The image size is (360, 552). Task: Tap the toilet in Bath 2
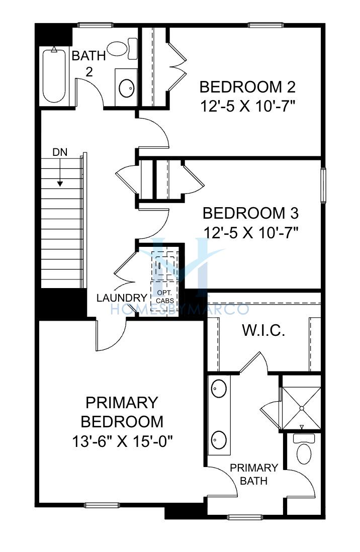(x=122, y=49)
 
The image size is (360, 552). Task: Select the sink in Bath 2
(x=127, y=88)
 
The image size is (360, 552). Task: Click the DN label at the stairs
(x=60, y=152)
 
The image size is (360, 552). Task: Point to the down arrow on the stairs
(x=60, y=172)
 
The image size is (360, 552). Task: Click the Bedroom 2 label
(x=247, y=87)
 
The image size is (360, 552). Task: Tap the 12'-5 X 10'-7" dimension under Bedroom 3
(x=251, y=233)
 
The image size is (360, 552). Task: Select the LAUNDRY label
(x=122, y=298)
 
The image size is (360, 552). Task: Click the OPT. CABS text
(x=165, y=297)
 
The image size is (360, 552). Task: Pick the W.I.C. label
(x=263, y=331)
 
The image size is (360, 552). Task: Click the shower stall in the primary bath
(x=302, y=408)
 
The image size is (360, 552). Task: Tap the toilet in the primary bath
(x=304, y=449)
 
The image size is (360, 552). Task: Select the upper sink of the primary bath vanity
(x=219, y=388)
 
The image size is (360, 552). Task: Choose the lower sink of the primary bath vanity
(x=219, y=439)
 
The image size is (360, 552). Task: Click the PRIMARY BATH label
(x=253, y=474)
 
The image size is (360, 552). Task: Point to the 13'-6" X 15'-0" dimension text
(x=122, y=441)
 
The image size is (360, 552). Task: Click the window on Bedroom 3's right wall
(x=323, y=185)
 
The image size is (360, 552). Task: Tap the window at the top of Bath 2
(x=95, y=25)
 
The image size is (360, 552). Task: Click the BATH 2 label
(x=89, y=64)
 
